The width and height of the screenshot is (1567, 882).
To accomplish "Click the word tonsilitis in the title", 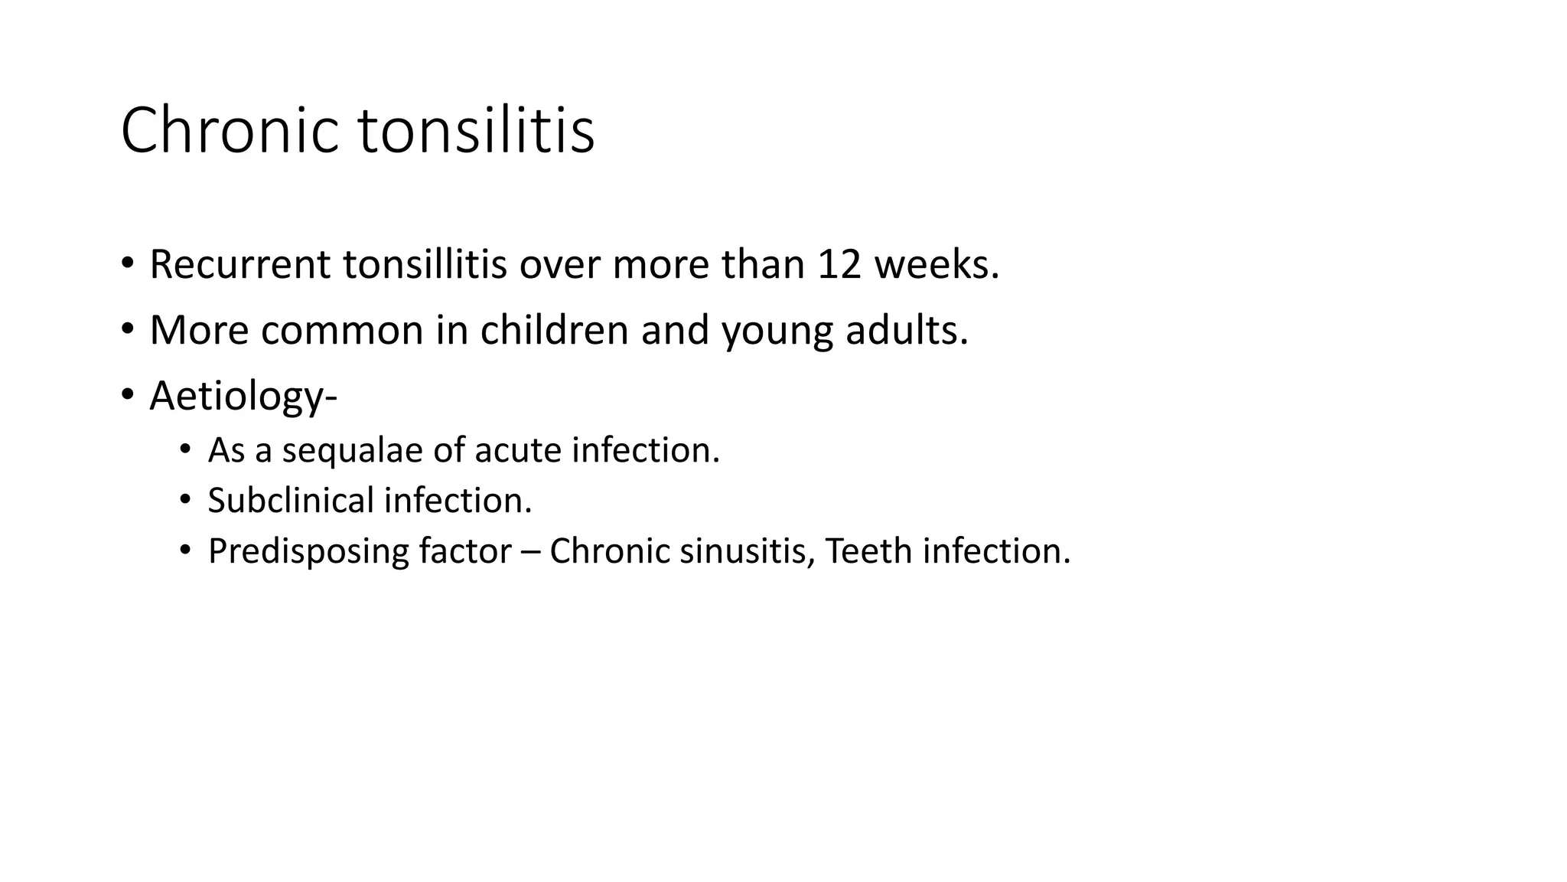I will (476, 130).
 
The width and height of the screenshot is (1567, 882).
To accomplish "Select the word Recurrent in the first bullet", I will (240, 264).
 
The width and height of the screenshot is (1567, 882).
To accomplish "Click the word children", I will (555, 330).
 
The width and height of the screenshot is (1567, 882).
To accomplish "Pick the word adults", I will (907, 330).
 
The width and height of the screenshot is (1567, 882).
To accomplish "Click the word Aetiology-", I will (243, 397).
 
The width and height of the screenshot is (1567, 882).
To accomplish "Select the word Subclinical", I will (290, 501).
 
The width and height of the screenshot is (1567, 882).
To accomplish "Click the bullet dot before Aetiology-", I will (127, 396).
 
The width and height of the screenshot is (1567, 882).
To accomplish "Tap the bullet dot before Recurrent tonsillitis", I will (127, 264).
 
